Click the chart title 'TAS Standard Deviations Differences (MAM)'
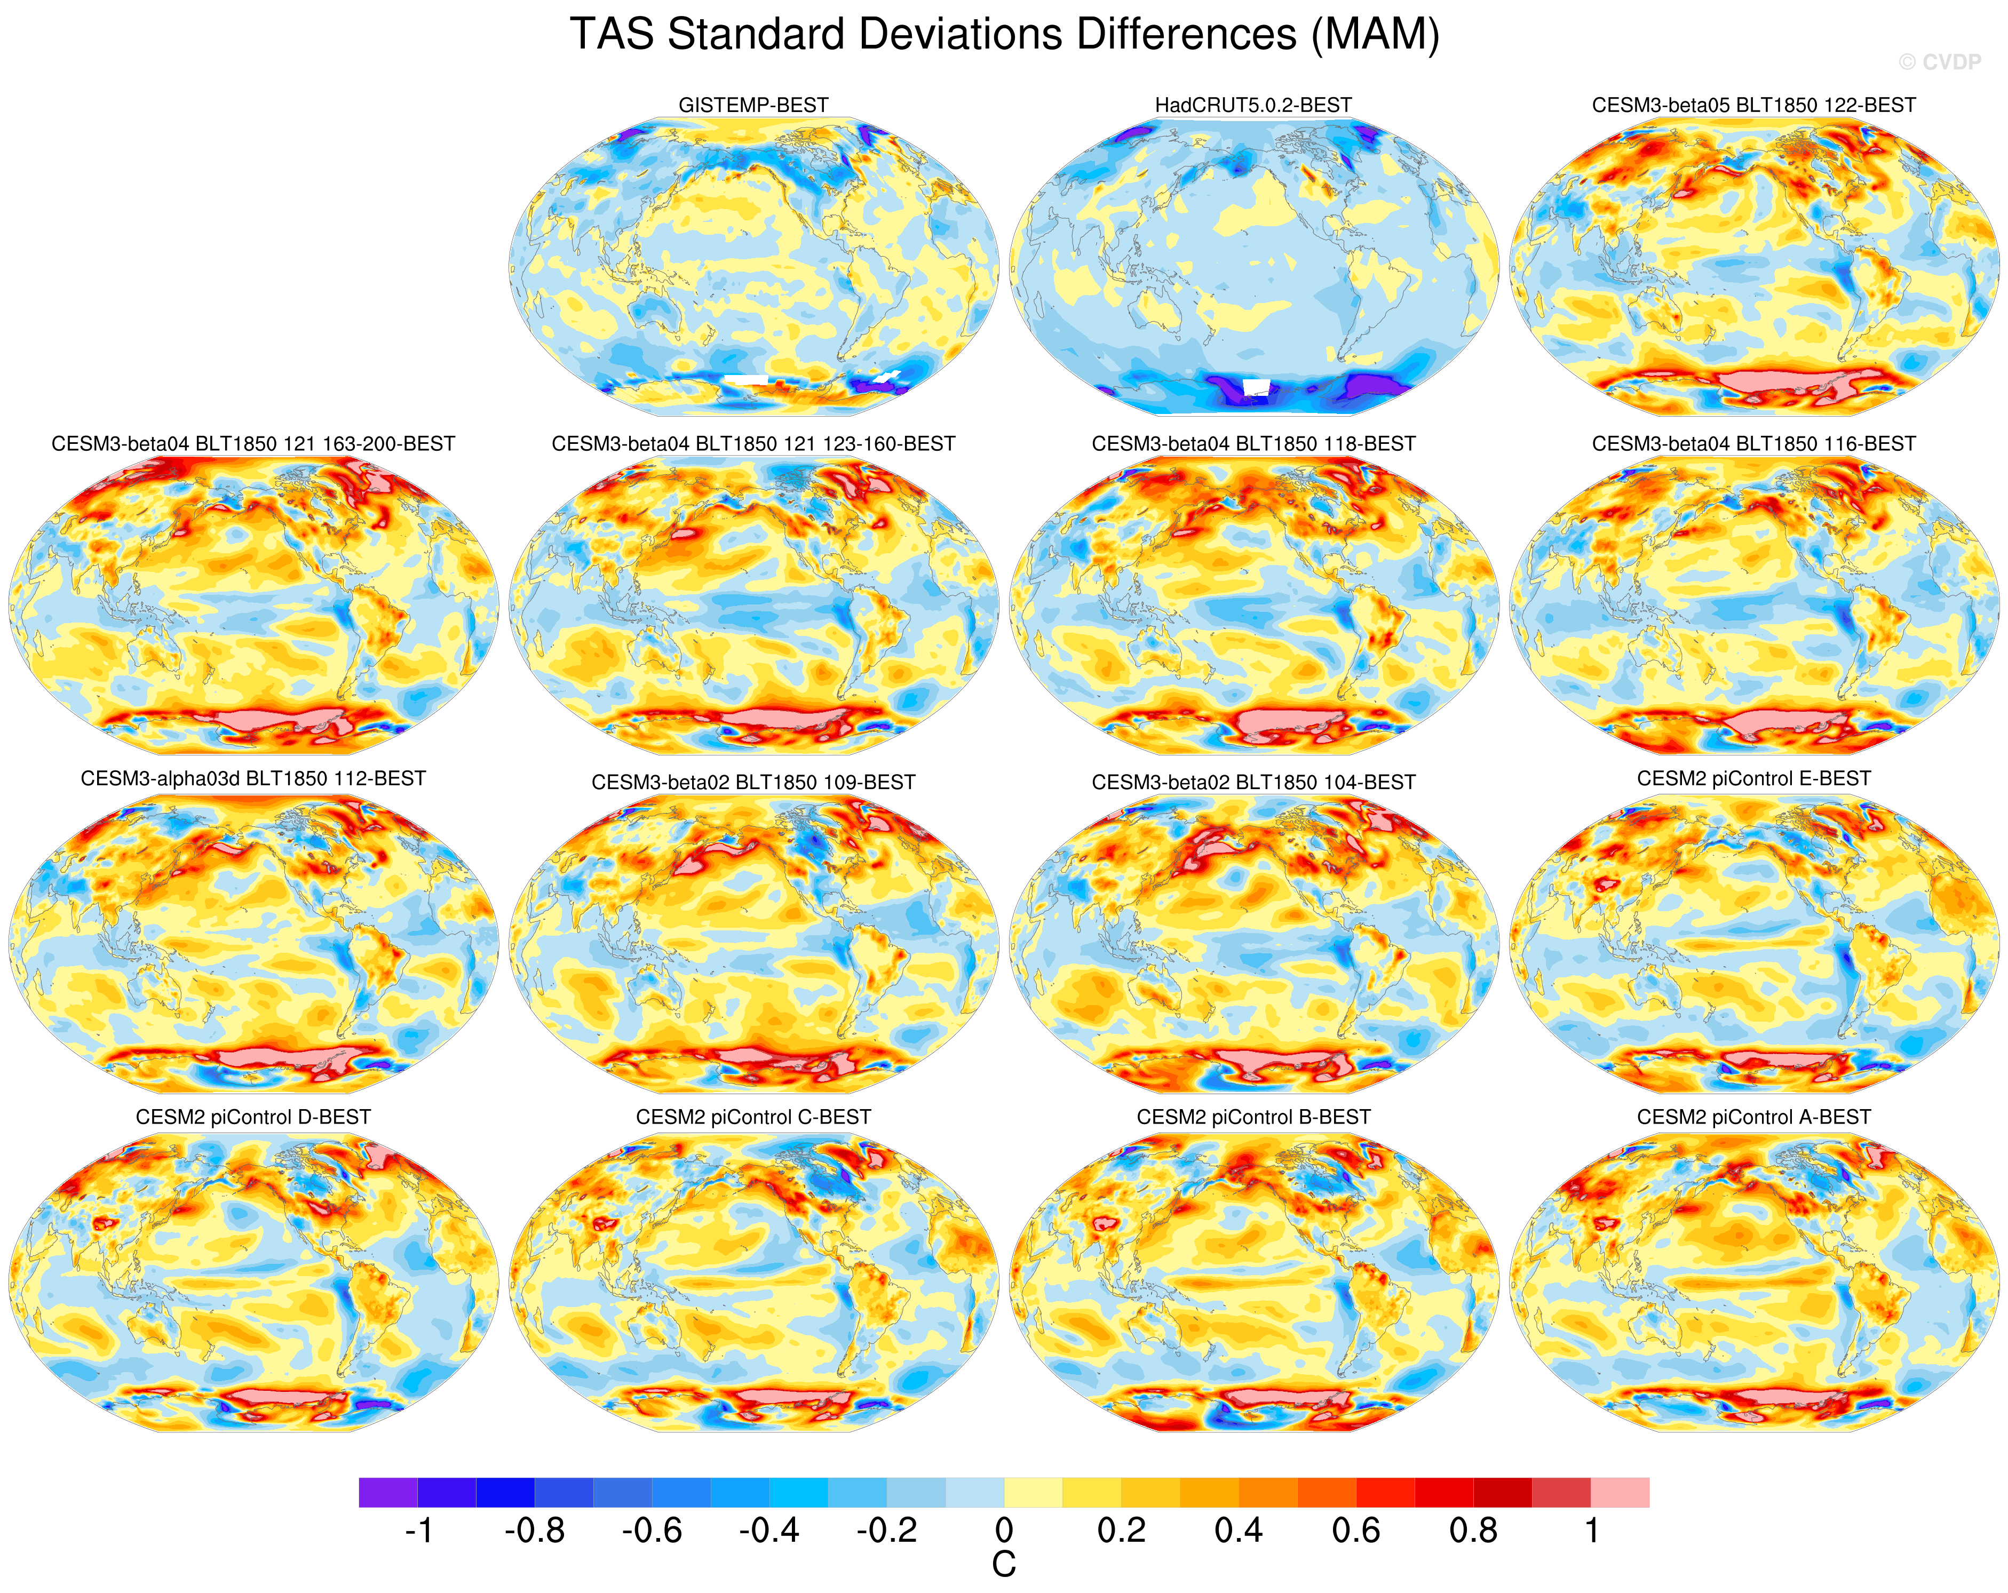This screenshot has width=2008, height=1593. tap(1004, 35)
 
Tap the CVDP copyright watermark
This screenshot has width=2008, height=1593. tap(1940, 62)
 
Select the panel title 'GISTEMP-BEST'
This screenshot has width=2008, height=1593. tap(752, 105)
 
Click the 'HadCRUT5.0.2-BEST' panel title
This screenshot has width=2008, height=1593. tap(1253, 105)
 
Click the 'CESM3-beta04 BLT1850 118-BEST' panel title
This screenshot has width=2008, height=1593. tap(1253, 444)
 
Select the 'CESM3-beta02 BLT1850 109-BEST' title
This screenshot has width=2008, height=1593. tap(752, 782)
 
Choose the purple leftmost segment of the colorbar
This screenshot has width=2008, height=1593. tap(387, 1493)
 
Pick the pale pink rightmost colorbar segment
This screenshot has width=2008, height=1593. tap(1620, 1493)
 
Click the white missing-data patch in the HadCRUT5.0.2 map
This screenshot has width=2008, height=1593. tap(1256, 386)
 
